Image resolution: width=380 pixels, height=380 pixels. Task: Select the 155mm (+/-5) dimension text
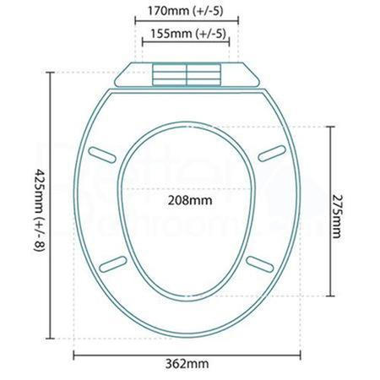(x=186, y=34)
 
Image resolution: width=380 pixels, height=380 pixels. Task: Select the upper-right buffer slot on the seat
(x=272, y=153)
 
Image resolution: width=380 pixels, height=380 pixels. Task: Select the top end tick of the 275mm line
(x=328, y=127)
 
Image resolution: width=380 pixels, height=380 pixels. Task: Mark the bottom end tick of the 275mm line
(x=328, y=295)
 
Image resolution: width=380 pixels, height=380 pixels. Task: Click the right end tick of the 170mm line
(x=238, y=20)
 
